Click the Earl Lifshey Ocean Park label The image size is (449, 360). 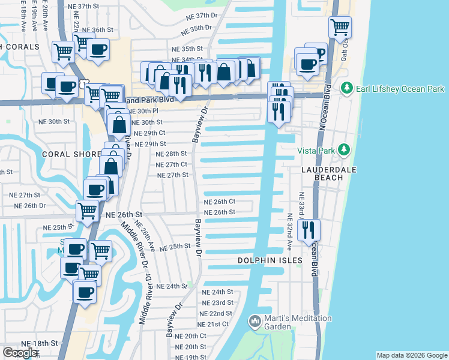[x=399, y=89]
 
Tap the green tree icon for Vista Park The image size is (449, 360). [x=343, y=149]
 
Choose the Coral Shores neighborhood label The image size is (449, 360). [x=71, y=154]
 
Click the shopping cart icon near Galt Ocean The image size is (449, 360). [x=340, y=27]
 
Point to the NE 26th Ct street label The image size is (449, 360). [x=219, y=202]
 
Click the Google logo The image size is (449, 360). [x=20, y=352]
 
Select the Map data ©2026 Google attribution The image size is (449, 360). [x=412, y=355]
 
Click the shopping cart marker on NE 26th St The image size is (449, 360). [x=88, y=211]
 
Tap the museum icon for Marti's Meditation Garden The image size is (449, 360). [x=255, y=322]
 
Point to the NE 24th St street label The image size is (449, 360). [x=217, y=292]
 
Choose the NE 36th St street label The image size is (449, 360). [x=97, y=29]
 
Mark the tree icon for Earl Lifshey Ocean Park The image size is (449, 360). [x=346, y=89]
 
